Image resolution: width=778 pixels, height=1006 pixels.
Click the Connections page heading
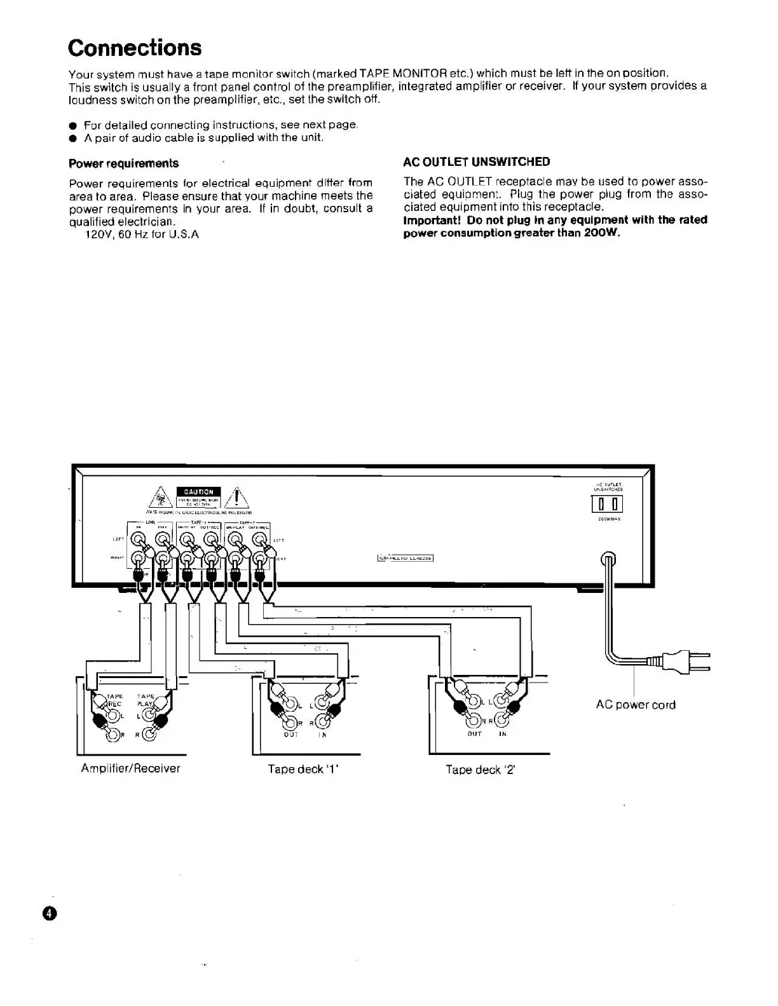tap(135, 48)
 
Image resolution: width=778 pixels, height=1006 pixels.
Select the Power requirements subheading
tap(123, 163)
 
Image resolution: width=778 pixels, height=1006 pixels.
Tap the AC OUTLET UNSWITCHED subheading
tap(477, 162)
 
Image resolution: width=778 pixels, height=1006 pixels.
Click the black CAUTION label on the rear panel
tap(199, 491)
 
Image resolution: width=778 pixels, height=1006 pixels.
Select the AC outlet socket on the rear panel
tap(608, 505)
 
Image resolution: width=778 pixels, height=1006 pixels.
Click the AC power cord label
tap(636, 704)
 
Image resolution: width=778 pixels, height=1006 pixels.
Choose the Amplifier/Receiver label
tap(130, 768)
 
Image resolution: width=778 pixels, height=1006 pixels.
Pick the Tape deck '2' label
tap(480, 770)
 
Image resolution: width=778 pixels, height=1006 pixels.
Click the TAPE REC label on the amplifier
tap(114, 700)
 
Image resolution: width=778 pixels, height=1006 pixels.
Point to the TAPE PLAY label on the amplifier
tap(146, 700)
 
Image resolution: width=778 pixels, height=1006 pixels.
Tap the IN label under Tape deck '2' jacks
tap(503, 733)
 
